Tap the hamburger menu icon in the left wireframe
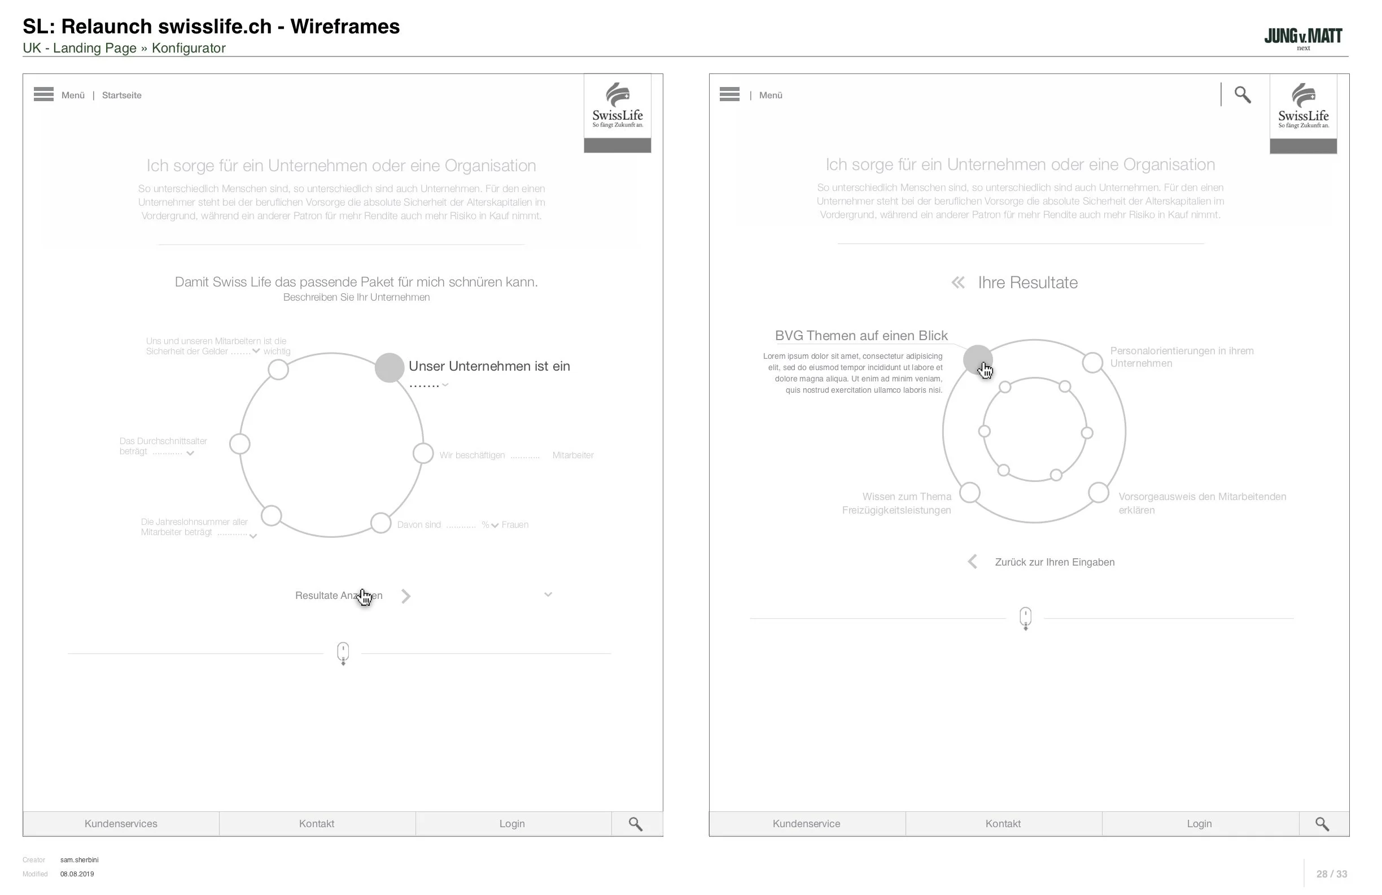pos(43,94)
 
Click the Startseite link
pos(121,95)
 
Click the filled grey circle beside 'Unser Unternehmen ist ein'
pos(389,367)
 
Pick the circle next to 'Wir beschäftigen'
pos(423,453)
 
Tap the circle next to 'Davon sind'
pos(381,523)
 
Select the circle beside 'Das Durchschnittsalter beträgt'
pos(239,444)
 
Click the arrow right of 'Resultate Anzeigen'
pos(406,596)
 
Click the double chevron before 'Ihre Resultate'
pos(958,283)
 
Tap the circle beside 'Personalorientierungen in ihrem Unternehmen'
pos(1092,362)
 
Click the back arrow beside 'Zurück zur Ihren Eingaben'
pos(973,562)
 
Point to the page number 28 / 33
pos(1332,874)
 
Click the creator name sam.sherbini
pos(80,860)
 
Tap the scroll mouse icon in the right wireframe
pos(1025,618)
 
